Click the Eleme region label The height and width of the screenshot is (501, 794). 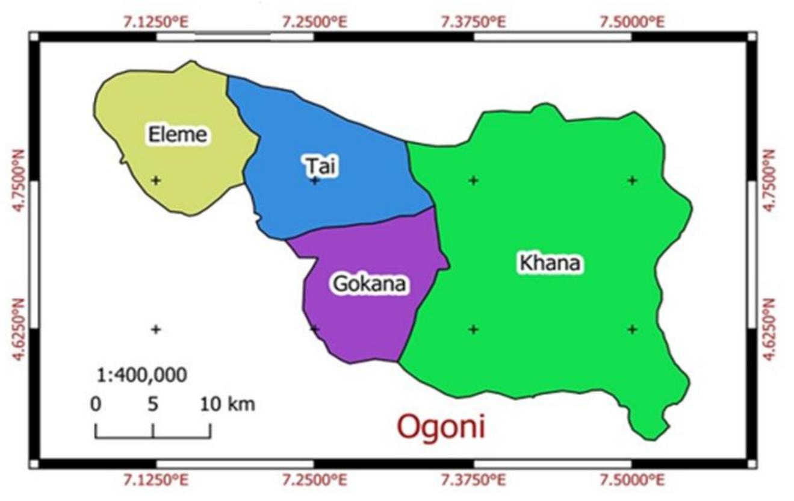pyautogui.click(x=178, y=134)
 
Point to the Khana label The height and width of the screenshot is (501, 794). pyautogui.click(x=550, y=263)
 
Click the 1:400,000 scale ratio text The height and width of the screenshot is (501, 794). pyautogui.click(x=142, y=375)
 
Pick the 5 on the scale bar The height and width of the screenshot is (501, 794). pyautogui.click(x=153, y=403)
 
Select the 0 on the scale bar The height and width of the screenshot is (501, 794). pyautogui.click(x=96, y=403)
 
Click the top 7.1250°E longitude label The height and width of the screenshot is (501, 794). pyautogui.click(x=156, y=22)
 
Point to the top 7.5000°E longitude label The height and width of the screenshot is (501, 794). pyautogui.click(x=631, y=22)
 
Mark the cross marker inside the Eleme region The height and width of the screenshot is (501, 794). pyautogui.click(x=156, y=179)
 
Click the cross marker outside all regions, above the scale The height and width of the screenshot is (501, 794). pyautogui.click(x=156, y=329)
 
